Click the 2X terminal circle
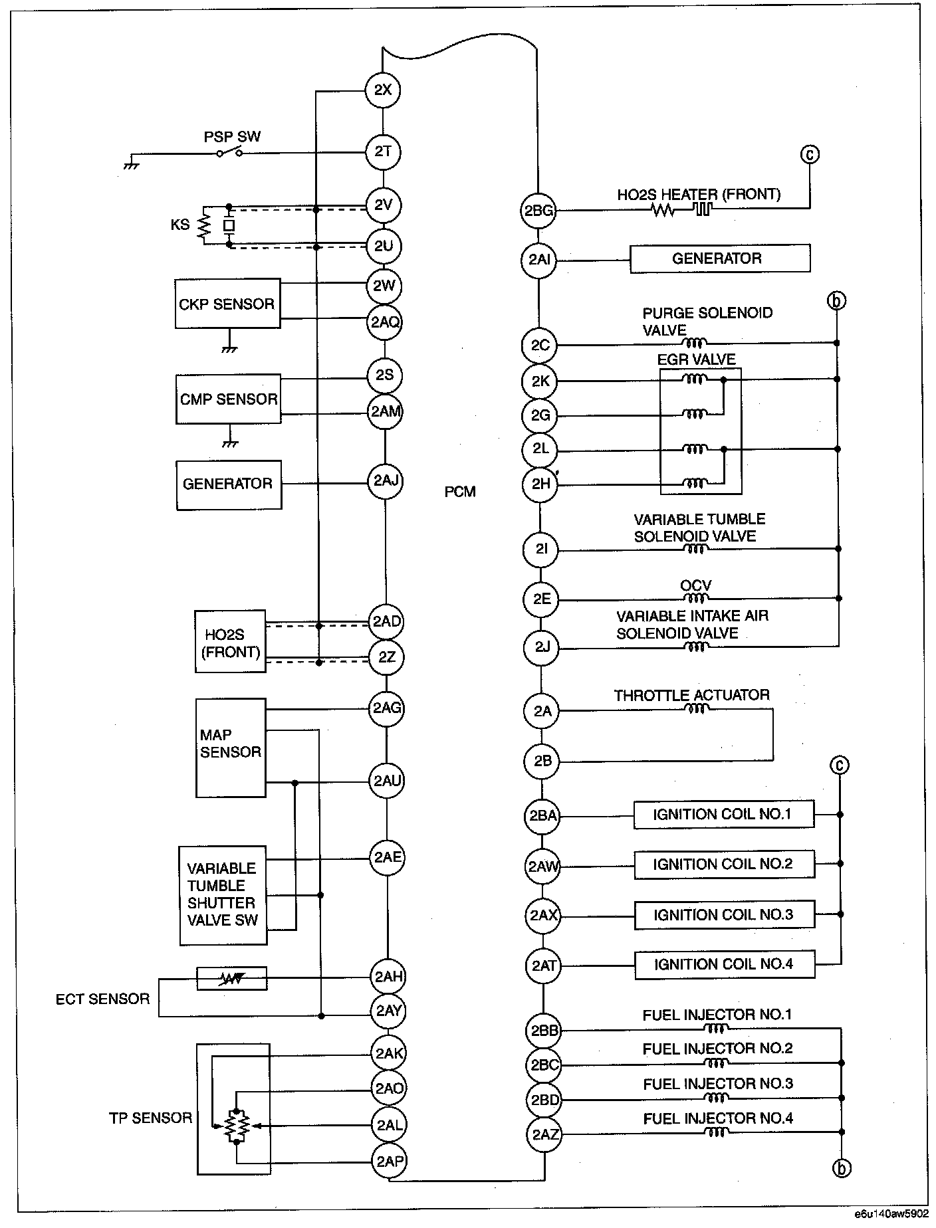(x=383, y=90)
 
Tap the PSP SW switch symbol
(x=229, y=153)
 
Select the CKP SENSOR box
(x=227, y=304)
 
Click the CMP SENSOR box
(x=228, y=399)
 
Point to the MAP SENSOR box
(x=231, y=747)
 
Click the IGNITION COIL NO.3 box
(x=723, y=915)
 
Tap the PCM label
(x=460, y=492)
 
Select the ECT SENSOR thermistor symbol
(x=231, y=978)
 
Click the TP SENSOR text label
(x=150, y=1118)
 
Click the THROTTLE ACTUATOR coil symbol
(x=695, y=709)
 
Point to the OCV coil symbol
(x=695, y=597)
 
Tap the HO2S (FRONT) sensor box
(x=230, y=642)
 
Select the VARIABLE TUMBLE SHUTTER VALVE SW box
(x=223, y=895)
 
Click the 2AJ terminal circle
(x=386, y=480)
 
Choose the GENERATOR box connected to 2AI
(x=719, y=258)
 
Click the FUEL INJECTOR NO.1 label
(x=717, y=1015)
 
